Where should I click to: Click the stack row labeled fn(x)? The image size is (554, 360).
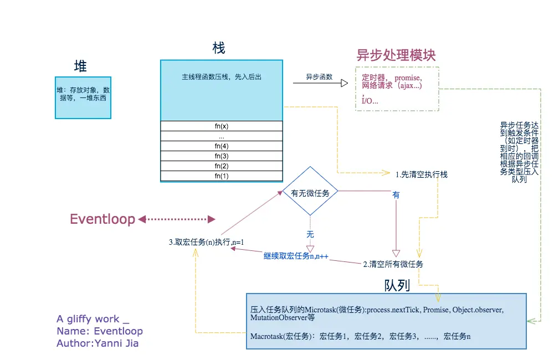tap(222, 126)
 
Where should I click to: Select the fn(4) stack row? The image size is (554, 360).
tap(222, 146)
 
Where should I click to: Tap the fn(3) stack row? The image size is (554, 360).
tap(222, 156)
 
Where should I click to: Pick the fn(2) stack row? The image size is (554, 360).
tap(222, 166)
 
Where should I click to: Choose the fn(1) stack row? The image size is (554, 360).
tap(222, 176)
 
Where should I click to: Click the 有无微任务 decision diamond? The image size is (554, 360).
tap(310, 193)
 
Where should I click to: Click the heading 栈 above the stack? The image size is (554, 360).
tap(219, 48)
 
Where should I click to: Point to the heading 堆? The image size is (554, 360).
tap(81, 66)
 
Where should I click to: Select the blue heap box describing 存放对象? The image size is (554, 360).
tap(83, 97)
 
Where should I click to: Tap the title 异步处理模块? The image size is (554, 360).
tap(396, 55)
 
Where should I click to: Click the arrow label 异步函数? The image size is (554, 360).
tap(319, 77)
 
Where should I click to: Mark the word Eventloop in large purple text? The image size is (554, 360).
tap(102, 219)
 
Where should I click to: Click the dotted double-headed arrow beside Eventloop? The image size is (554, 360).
tap(176, 219)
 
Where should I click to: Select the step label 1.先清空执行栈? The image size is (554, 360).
tap(422, 174)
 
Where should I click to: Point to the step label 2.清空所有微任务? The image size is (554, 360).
tap(393, 264)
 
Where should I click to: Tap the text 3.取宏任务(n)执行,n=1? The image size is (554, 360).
tap(207, 242)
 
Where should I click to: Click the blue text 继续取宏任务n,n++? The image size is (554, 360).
tap(296, 256)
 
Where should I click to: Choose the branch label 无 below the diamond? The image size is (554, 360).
tap(310, 234)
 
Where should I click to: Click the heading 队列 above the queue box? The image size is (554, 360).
tap(397, 285)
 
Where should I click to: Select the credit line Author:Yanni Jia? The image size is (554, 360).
tap(98, 343)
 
